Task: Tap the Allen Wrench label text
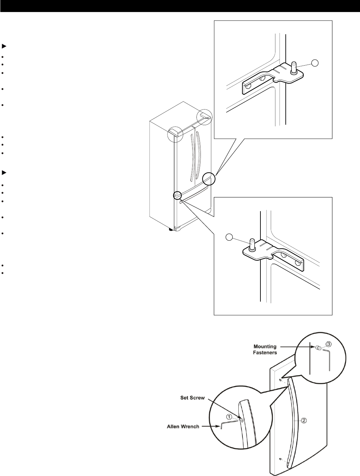click(x=183, y=426)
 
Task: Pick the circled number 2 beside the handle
click(x=304, y=420)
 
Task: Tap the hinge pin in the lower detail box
click(x=252, y=245)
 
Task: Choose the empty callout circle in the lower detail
click(x=229, y=237)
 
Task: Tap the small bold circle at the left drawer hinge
click(x=177, y=195)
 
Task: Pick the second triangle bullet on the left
click(x=4, y=172)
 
